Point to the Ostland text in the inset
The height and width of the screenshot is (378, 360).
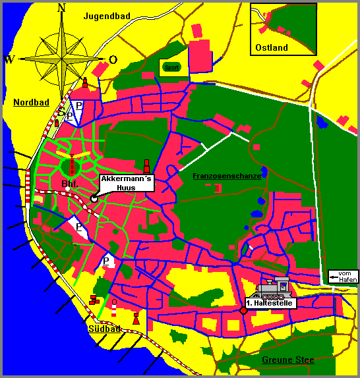[x=272, y=47]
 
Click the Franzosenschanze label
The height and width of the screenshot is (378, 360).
[x=227, y=176]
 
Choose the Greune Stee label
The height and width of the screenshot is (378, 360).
[x=287, y=360]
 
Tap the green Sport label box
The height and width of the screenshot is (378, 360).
[x=171, y=67]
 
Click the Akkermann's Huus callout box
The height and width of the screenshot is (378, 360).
[x=127, y=182]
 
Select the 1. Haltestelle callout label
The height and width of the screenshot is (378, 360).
[x=269, y=304]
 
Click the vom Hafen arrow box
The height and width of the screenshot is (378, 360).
[x=344, y=277]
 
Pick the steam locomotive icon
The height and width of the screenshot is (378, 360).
[x=276, y=288]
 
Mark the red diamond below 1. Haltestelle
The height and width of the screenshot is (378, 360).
[x=243, y=311]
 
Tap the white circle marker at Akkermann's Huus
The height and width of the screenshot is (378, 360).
[x=94, y=198]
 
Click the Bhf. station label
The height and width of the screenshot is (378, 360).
[x=69, y=183]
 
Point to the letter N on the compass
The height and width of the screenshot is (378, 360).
[x=62, y=8]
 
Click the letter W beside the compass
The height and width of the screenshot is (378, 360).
[x=9, y=59]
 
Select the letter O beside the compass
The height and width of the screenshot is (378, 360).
[x=113, y=59]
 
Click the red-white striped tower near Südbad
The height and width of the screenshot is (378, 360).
[x=114, y=308]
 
